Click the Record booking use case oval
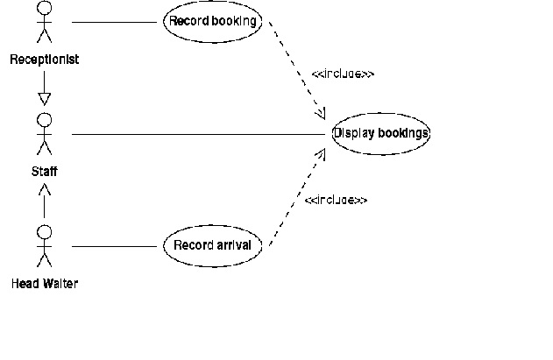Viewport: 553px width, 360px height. click(x=213, y=21)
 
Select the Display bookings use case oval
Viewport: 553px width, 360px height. click(x=381, y=134)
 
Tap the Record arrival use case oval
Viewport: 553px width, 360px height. click(x=212, y=245)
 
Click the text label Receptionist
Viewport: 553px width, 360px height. click(x=44, y=60)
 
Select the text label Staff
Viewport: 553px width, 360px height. click(x=44, y=173)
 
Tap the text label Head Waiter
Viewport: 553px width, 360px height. click(x=45, y=284)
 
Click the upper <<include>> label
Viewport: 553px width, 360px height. click(x=343, y=74)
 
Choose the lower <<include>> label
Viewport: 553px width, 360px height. click(x=336, y=200)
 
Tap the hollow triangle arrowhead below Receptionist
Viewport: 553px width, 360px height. click(x=44, y=99)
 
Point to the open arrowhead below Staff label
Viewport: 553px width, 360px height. click(x=44, y=189)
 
